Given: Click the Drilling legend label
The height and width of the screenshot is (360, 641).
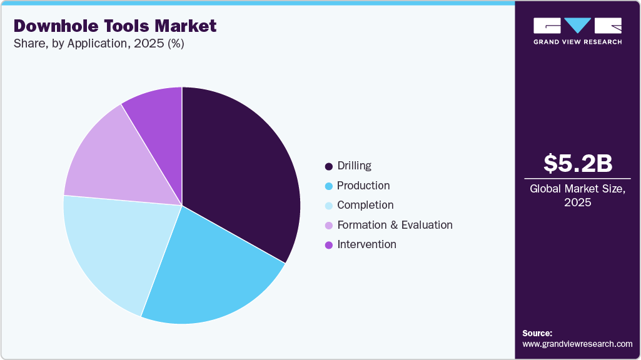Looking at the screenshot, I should pyautogui.click(x=354, y=166).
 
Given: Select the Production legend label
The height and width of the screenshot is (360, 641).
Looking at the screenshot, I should pyautogui.click(x=363, y=186).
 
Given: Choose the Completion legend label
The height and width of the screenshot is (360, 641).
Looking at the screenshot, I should pyautogui.click(x=365, y=205).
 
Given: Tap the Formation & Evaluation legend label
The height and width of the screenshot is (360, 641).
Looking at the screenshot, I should pyautogui.click(x=395, y=224).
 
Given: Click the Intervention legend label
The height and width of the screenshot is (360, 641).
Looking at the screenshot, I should pyautogui.click(x=366, y=244).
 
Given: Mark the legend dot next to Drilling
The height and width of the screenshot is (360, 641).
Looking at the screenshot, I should pyautogui.click(x=328, y=166).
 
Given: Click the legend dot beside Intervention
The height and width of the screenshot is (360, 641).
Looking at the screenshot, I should pyautogui.click(x=328, y=245).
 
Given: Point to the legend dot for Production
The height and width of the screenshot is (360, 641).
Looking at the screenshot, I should pyautogui.click(x=328, y=186).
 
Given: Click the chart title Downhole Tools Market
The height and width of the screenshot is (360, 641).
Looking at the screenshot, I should pyautogui.click(x=115, y=26).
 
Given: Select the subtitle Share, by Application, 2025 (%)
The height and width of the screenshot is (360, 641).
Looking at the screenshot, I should pyautogui.click(x=99, y=44).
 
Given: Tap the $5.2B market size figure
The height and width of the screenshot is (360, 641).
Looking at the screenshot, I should pyautogui.click(x=577, y=163).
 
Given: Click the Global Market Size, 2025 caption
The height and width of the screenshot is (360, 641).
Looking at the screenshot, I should pyautogui.click(x=577, y=195).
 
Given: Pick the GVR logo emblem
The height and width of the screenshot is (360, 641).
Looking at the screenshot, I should pyautogui.click(x=577, y=26).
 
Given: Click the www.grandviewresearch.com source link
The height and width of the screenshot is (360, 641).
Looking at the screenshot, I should pyautogui.click(x=577, y=344).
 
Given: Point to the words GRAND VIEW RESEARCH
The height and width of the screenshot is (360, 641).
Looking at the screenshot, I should pyautogui.click(x=577, y=42).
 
